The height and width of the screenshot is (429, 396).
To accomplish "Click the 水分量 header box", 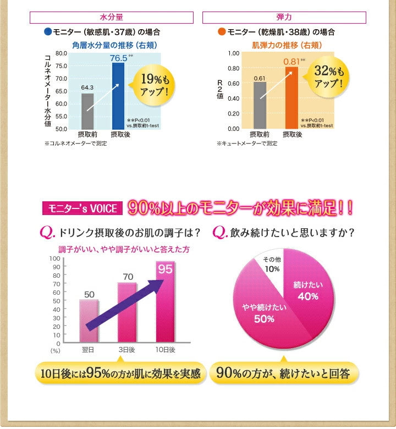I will point(115,18).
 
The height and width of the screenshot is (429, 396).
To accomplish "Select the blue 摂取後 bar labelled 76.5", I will point(118,96).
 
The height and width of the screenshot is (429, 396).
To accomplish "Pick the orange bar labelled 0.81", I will point(290,98).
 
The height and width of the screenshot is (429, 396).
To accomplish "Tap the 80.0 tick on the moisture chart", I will point(61,53).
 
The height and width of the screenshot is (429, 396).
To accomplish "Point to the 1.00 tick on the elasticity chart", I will point(233,53).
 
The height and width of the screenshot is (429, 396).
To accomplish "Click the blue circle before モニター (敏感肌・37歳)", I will point(48,32).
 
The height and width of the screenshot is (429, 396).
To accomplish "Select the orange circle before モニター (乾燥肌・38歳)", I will point(221,32).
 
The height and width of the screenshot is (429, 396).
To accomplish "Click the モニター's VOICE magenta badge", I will point(80,208).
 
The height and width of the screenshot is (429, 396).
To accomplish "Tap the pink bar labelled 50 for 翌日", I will point(89,321).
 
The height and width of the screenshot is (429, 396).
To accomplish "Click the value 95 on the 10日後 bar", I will point(165,269).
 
